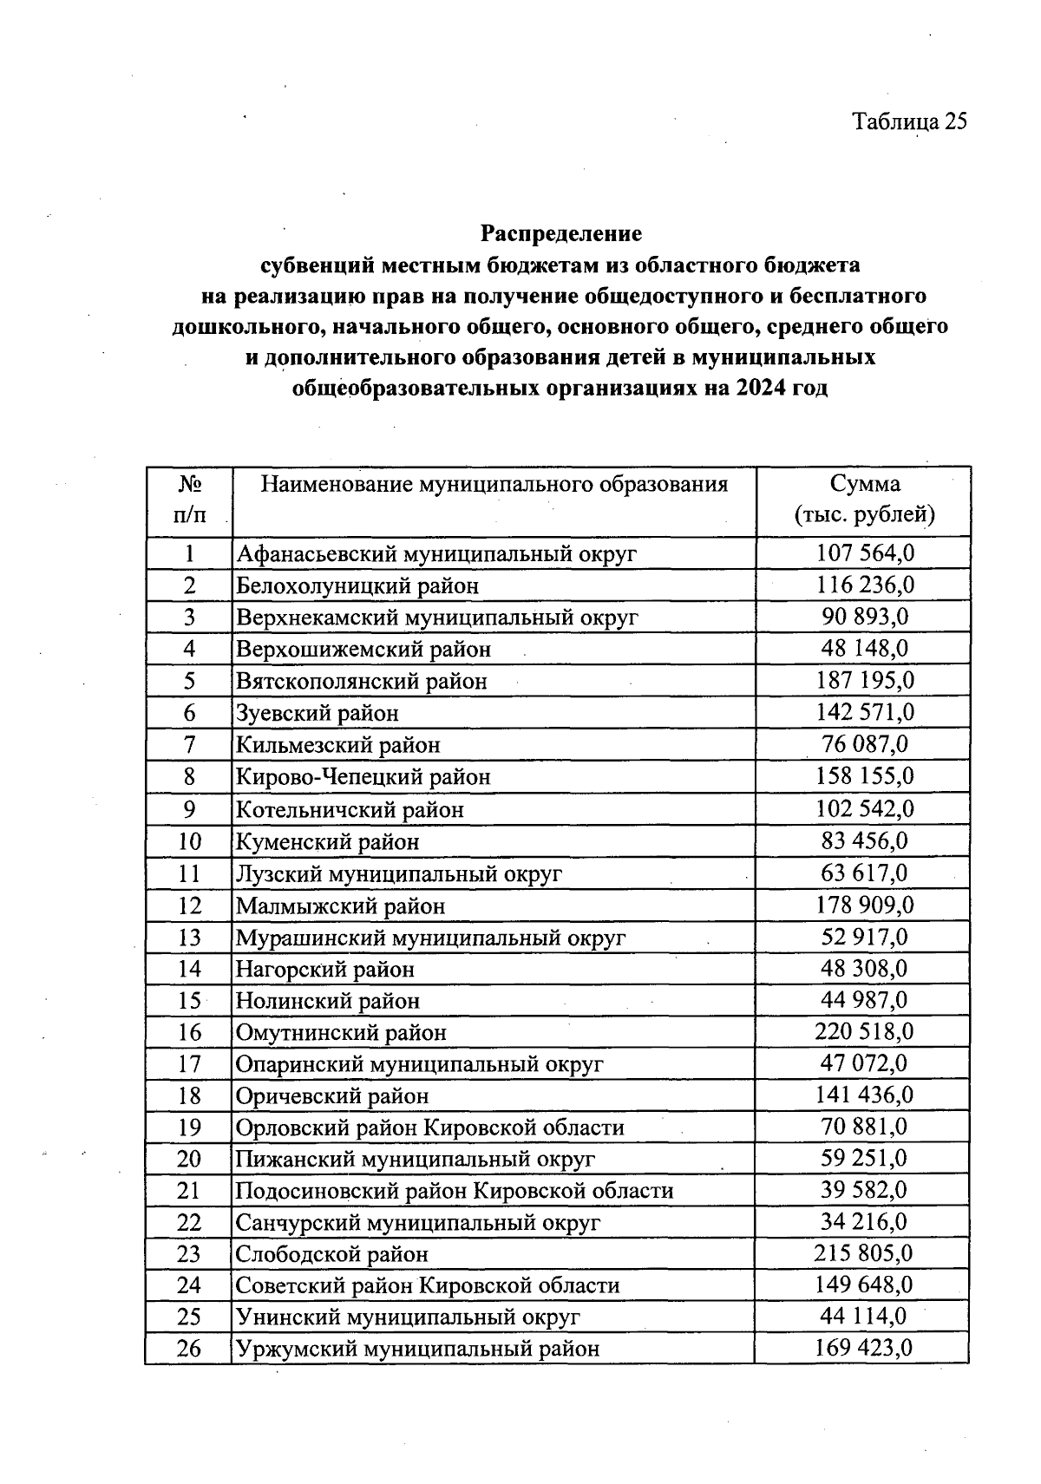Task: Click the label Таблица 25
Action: (909, 121)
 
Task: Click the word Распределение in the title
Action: (561, 234)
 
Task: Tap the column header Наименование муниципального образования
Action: (494, 484)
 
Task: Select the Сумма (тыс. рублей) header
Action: (864, 499)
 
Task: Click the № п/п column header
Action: (190, 500)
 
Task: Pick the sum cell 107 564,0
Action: (865, 552)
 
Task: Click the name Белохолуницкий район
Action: (357, 585)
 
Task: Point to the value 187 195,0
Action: (865, 680)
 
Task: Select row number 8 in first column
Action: (190, 776)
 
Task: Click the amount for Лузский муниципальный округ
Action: (864, 872)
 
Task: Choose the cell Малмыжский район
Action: (341, 906)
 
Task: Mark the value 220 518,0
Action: (864, 1031)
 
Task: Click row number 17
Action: (189, 1063)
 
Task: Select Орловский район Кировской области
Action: (430, 1128)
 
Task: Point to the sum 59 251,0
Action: (864, 1158)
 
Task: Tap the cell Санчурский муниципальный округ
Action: (418, 1223)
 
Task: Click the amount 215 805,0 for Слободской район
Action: (863, 1253)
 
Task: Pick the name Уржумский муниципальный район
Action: (418, 1349)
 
